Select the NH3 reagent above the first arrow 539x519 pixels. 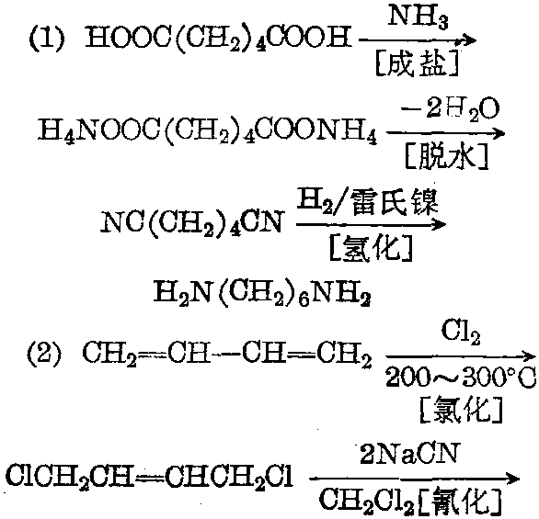(x=419, y=17)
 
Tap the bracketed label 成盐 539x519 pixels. (x=417, y=63)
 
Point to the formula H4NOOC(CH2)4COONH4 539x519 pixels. (x=207, y=132)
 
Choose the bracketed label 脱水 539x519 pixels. (x=446, y=156)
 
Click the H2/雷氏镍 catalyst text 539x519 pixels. (x=368, y=202)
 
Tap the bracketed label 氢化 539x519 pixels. (x=371, y=248)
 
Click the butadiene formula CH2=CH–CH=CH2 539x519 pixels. (x=227, y=354)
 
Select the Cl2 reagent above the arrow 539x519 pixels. (x=461, y=333)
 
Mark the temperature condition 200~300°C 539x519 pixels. (x=461, y=378)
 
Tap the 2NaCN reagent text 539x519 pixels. (x=409, y=454)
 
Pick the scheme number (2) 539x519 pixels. (x=45, y=354)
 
